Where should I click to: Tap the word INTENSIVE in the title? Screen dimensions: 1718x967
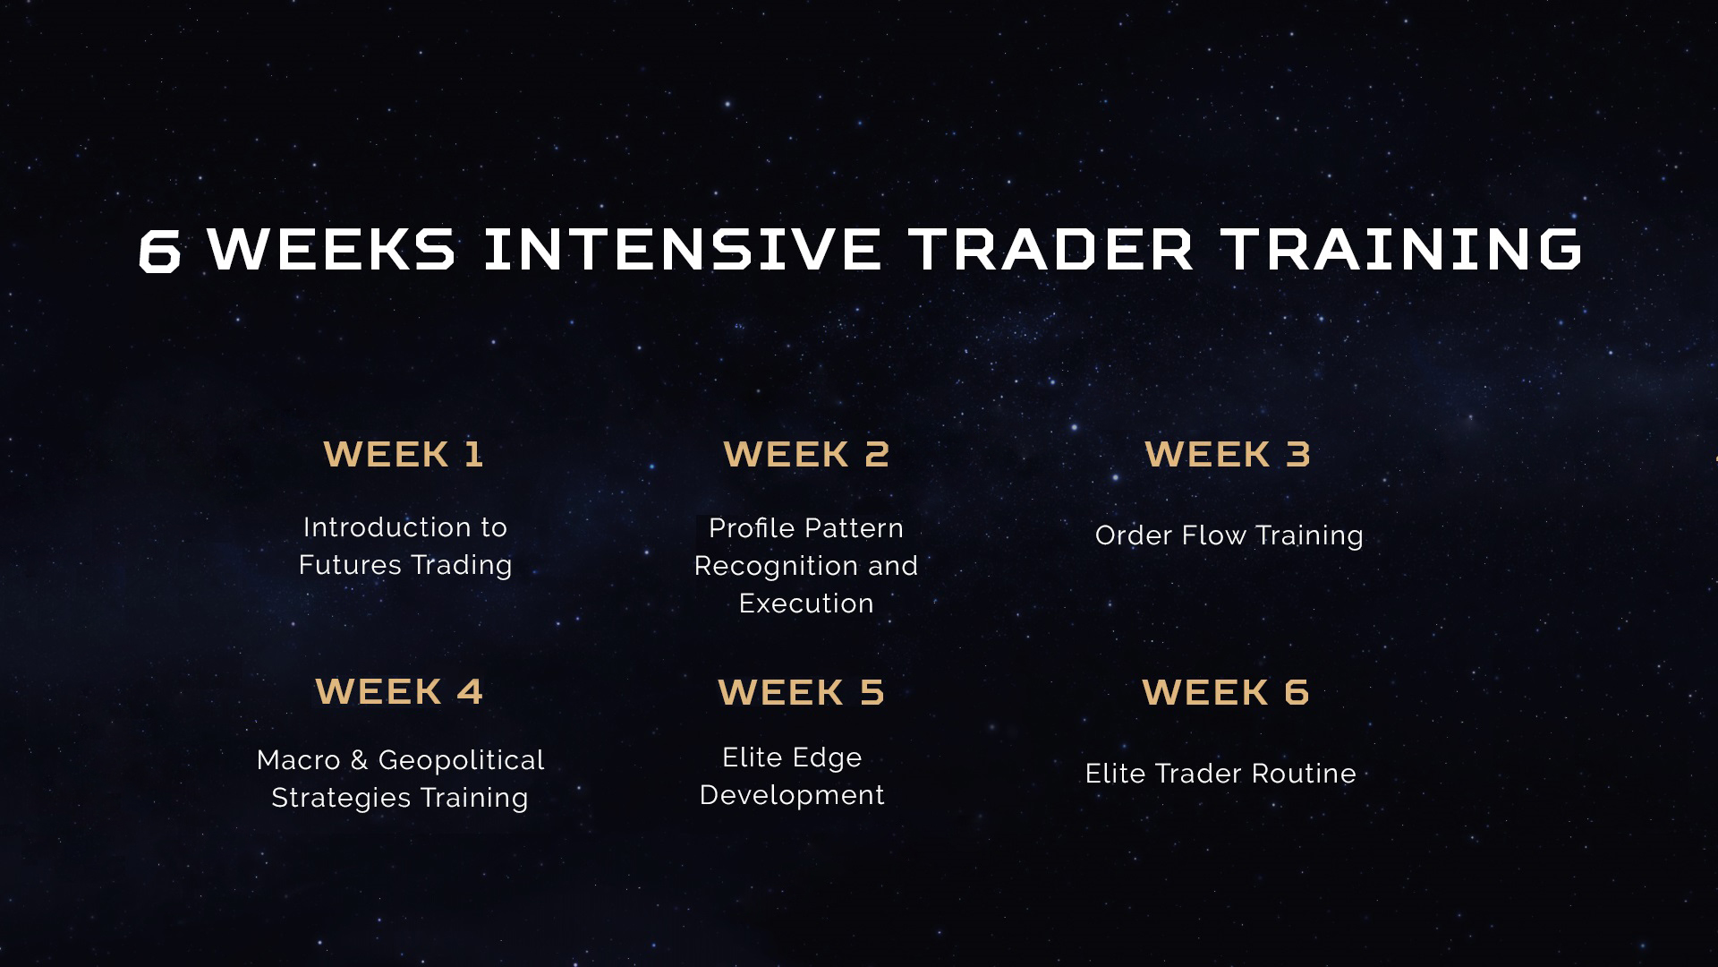(x=682, y=249)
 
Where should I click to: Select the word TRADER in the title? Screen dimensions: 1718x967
(x=1050, y=249)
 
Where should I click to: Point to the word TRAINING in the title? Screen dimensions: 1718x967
(x=1402, y=249)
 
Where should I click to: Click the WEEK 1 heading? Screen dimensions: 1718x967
(x=404, y=454)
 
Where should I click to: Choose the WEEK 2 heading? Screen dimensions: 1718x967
(x=806, y=454)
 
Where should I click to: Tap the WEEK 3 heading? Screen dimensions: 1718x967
(x=1228, y=454)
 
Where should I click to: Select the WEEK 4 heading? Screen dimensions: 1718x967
(x=399, y=691)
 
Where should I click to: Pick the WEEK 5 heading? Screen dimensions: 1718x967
(x=801, y=692)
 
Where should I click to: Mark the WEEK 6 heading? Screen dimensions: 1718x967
(x=1226, y=692)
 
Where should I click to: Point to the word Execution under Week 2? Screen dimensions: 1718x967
(x=806, y=603)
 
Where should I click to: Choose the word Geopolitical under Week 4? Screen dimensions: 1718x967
(x=461, y=761)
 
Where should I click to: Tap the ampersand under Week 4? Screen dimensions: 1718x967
(x=359, y=760)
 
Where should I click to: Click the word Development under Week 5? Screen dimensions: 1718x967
(x=792, y=796)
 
